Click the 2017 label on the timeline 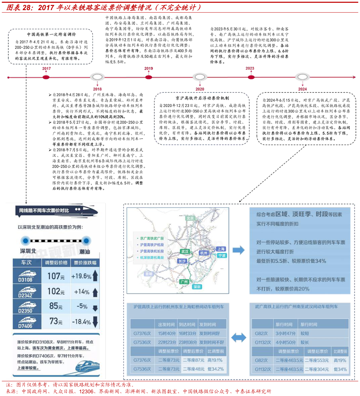coord(46,69)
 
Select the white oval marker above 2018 coord(97,77)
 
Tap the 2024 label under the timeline coord(302,89)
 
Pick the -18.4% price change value coord(81,322)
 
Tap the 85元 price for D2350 coord(56,306)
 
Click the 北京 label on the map coord(190,218)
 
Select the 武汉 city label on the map coord(184,251)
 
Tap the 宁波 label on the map coord(221,255)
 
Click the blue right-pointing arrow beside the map coord(238,250)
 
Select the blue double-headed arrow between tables coord(238,337)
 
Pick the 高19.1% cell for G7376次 coord(215,360)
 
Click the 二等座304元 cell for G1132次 coord(317,369)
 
